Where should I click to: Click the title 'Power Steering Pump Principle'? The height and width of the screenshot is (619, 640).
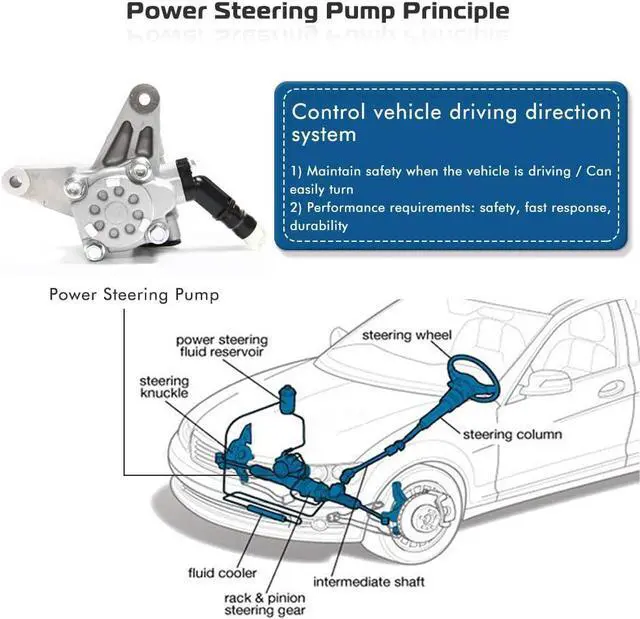point(318,13)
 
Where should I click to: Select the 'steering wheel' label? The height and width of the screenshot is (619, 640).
point(407,334)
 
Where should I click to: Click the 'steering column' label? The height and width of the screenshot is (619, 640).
point(512,434)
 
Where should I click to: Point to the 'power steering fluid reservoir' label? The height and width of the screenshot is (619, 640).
point(221,347)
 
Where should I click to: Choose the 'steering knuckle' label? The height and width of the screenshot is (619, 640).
point(164,387)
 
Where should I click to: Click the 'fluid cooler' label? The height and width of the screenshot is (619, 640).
point(222,573)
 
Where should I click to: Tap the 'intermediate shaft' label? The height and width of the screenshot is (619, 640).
point(369,581)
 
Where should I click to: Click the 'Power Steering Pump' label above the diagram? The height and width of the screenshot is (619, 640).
point(134,295)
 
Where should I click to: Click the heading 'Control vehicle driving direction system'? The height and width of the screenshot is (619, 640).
point(450,122)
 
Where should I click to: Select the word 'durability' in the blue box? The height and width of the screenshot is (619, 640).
point(319,226)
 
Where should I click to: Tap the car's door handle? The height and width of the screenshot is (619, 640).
point(612,388)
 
